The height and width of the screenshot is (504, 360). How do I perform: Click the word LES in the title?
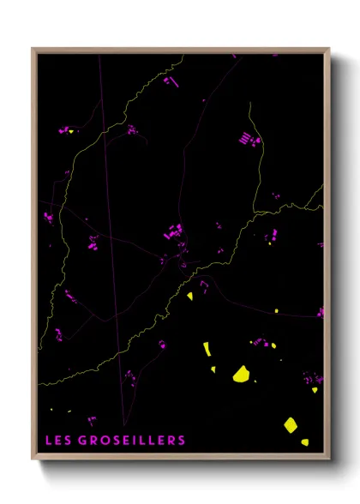pyautogui.click(x=59, y=441)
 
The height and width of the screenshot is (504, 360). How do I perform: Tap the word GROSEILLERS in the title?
pyautogui.click(x=132, y=441)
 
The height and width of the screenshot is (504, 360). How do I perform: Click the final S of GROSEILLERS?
pyautogui.click(x=181, y=441)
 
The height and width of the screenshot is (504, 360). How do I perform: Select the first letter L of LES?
pyautogui.click(x=50, y=441)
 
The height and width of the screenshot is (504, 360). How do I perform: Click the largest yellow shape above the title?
pyautogui.click(x=242, y=374)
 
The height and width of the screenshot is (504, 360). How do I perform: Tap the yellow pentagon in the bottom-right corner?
pyautogui.click(x=291, y=424)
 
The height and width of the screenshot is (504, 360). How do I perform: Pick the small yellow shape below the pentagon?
pyautogui.click(x=304, y=442)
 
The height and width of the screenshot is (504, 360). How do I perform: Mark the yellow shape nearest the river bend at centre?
pyautogui.click(x=190, y=297)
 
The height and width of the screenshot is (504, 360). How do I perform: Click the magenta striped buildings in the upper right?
pyautogui.click(x=248, y=138)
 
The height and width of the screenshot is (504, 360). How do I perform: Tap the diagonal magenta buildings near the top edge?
pyautogui.click(x=170, y=81)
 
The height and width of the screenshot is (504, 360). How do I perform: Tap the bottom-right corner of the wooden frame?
pyautogui.click(x=328, y=459)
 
